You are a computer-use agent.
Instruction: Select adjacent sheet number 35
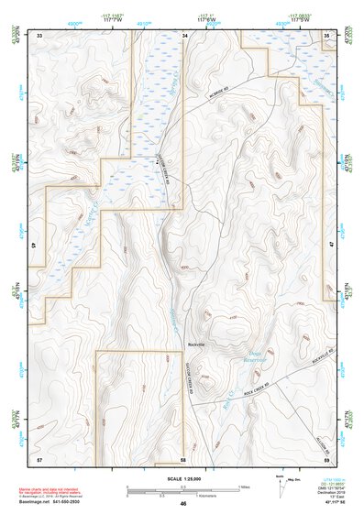click(x=327, y=34)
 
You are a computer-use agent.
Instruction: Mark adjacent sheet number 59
click(x=327, y=457)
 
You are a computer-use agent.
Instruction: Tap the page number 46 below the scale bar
click(x=183, y=504)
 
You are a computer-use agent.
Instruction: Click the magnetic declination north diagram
click(x=282, y=484)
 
